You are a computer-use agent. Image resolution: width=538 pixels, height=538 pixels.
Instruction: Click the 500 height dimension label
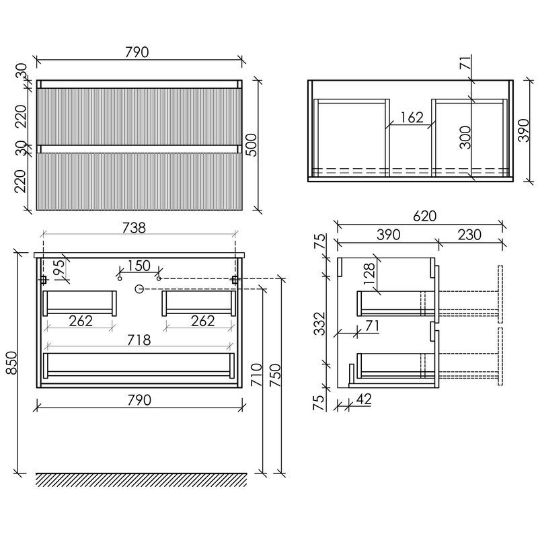tap(252, 145)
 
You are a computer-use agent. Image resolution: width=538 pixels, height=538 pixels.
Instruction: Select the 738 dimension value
tap(134, 228)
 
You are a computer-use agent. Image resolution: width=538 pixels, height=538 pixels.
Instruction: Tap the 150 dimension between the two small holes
tap(139, 266)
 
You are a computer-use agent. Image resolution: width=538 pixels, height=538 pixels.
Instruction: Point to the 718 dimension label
tap(139, 340)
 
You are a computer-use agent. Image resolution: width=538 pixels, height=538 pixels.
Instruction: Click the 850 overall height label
tap(11, 362)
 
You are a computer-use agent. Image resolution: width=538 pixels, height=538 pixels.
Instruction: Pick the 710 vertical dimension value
tap(256, 375)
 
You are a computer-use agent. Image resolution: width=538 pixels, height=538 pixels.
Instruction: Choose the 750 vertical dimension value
tap(275, 375)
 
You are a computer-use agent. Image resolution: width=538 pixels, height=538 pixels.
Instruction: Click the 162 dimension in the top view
tap(412, 118)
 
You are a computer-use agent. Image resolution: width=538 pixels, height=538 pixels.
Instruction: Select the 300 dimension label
tap(465, 137)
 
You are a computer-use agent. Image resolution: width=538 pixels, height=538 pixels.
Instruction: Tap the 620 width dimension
tap(424, 216)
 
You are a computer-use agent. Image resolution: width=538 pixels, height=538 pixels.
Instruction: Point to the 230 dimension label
tap(469, 235)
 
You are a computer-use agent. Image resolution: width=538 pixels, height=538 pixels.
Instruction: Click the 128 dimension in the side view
tap(369, 274)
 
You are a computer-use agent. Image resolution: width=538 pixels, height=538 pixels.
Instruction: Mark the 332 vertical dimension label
tap(319, 323)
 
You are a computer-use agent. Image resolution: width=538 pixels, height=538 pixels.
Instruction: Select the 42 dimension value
tap(364, 399)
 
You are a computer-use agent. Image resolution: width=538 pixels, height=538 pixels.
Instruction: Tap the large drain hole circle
tap(139, 289)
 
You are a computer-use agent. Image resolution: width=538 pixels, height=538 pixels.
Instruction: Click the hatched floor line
tap(141, 479)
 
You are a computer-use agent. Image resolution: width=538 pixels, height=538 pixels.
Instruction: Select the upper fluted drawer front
tap(139, 116)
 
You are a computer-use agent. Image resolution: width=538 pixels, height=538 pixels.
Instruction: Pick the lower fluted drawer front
tap(139, 182)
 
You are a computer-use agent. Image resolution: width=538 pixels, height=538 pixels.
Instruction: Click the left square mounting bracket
tap(44, 280)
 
